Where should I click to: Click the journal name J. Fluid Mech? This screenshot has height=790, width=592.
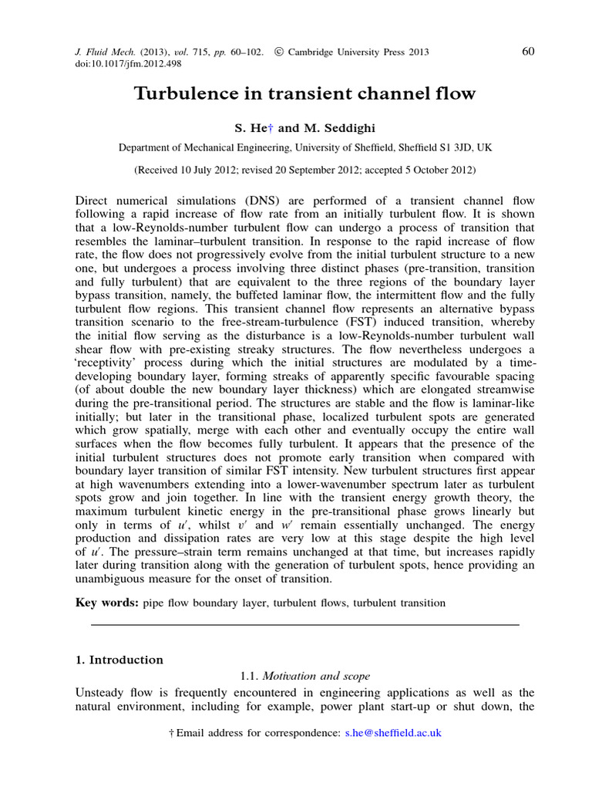point(89,52)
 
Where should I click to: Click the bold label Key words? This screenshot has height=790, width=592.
point(106,602)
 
